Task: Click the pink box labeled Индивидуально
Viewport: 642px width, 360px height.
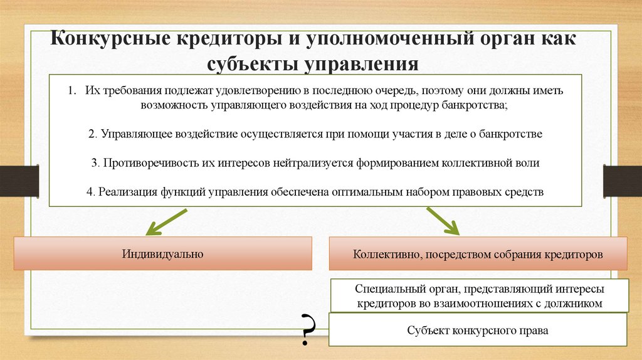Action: (162, 253)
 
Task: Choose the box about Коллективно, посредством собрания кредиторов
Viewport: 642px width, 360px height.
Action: (478, 255)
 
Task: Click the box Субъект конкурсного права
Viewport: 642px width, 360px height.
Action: (477, 330)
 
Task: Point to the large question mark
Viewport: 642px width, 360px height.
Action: (307, 329)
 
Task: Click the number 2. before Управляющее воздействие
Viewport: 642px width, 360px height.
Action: (92, 134)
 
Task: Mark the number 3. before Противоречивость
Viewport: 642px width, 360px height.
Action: (94, 162)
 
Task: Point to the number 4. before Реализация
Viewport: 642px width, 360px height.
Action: (90, 191)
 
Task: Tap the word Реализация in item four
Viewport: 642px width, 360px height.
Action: (121, 191)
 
